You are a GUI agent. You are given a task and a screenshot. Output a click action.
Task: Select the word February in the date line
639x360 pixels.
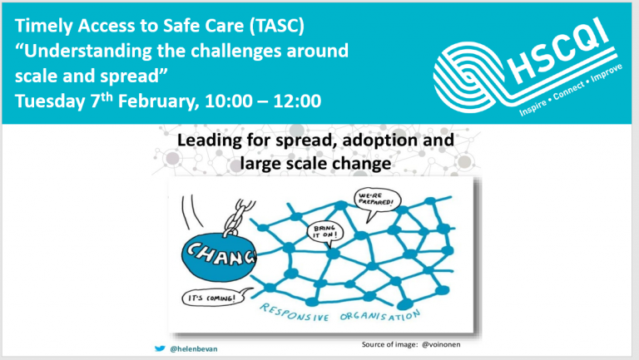pyautogui.click(x=159, y=101)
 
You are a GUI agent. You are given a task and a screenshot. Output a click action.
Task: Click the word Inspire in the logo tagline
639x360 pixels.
pyautogui.click(x=532, y=107)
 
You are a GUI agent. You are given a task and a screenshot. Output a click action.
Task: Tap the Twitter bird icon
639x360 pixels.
pyautogui.click(x=160, y=348)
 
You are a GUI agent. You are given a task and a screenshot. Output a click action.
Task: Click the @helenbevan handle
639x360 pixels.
pyautogui.click(x=194, y=349)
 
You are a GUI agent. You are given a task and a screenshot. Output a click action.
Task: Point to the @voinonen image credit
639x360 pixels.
pyautogui.click(x=441, y=344)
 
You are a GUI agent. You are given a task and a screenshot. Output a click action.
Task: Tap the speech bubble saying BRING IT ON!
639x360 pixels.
pyautogui.click(x=325, y=232)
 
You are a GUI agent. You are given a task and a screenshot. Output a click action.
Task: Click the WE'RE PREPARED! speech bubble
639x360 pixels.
pyautogui.click(x=377, y=200)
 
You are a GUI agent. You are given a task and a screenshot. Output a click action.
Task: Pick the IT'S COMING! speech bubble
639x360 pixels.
pyautogui.click(x=214, y=298)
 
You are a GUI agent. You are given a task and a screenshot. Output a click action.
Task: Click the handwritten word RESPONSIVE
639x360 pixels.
pyautogui.click(x=295, y=313)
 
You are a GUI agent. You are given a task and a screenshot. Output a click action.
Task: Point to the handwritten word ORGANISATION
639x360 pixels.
pyautogui.click(x=379, y=316)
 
